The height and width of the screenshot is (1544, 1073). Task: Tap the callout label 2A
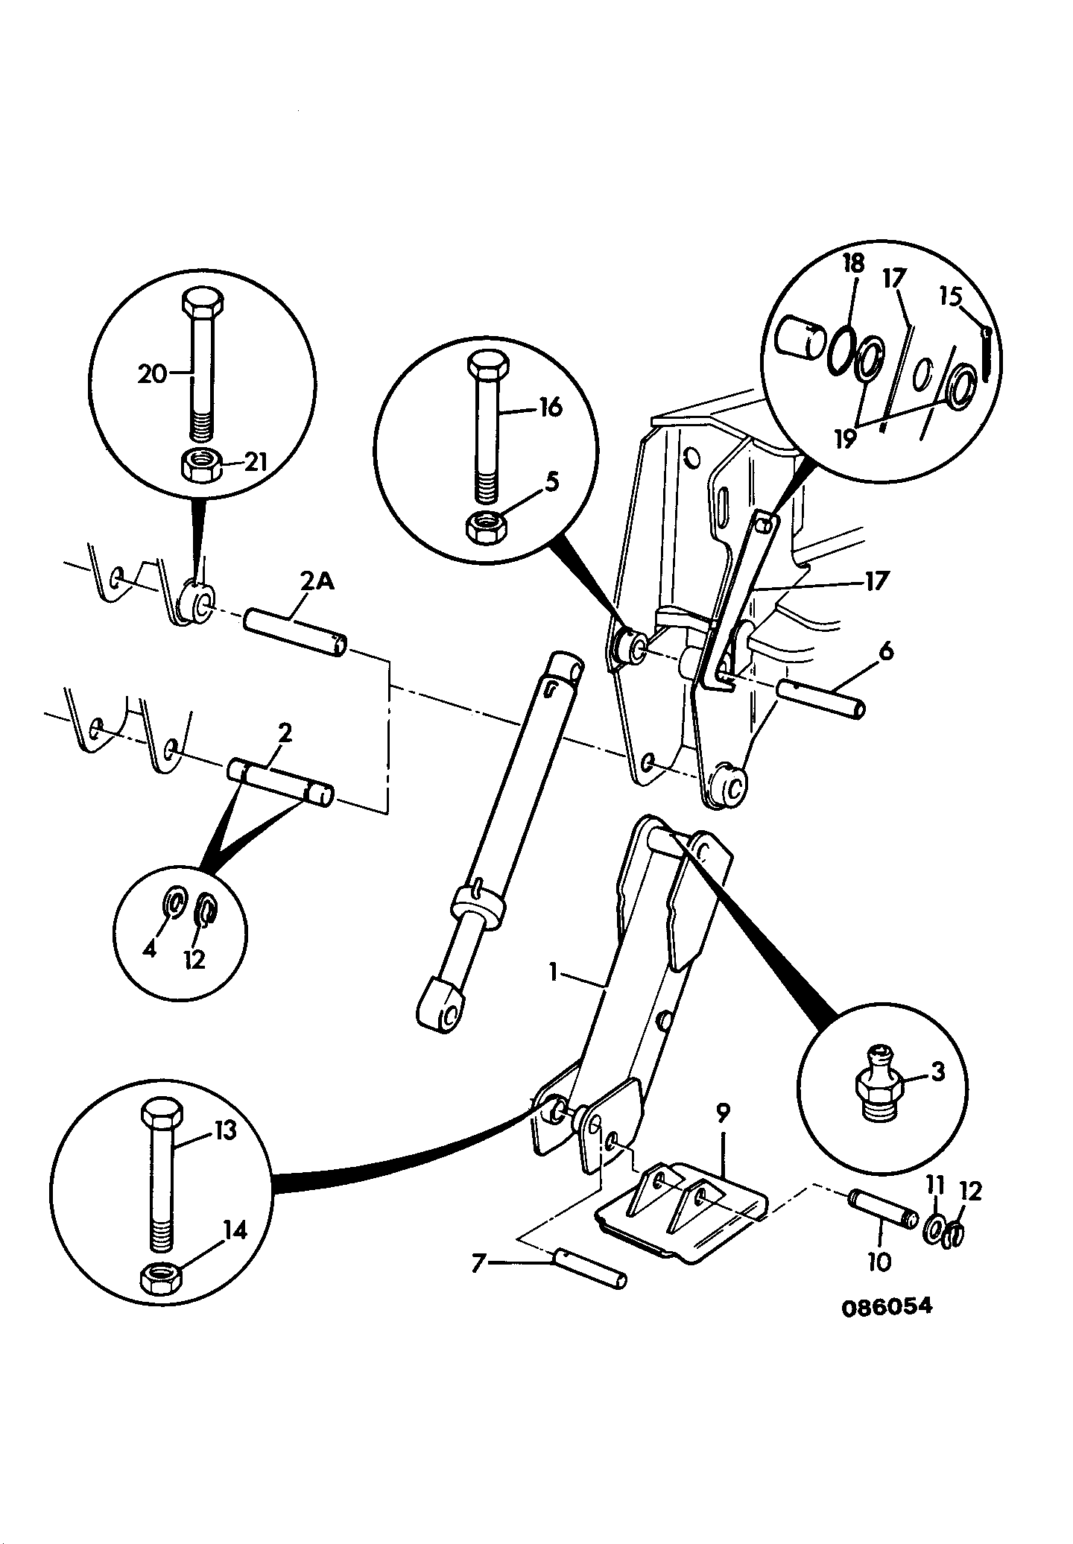(x=317, y=580)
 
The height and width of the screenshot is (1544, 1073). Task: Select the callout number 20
(x=153, y=373)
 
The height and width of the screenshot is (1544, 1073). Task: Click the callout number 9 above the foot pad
(x=723, y=1113)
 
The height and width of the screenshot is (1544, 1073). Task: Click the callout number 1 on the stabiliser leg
(x=554, y=972)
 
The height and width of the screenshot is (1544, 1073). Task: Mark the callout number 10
(x=879, y=1262)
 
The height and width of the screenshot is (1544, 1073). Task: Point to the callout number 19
(x=844, y=439)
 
